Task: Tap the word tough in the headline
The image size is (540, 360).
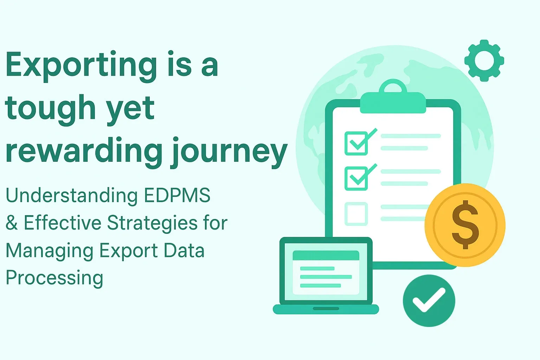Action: [50, 109]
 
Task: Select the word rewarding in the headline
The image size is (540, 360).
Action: [84, 152]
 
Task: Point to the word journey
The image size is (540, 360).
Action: [229, 152]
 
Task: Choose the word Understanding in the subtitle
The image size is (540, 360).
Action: [72, 196]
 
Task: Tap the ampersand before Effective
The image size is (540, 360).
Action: [12, 223]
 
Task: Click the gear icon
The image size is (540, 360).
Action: [484, 60]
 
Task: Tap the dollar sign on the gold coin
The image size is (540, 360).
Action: [465, 225]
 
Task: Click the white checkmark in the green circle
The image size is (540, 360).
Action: [429, 300]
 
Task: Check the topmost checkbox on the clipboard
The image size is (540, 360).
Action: [356, 143]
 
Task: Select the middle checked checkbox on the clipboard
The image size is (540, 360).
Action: [356, 179]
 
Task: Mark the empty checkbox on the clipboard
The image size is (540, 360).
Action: [356, 214]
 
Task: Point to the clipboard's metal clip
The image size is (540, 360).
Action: [393, 98]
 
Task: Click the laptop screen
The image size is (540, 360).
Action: [326, 272]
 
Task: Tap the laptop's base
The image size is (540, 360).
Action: [326, 309]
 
